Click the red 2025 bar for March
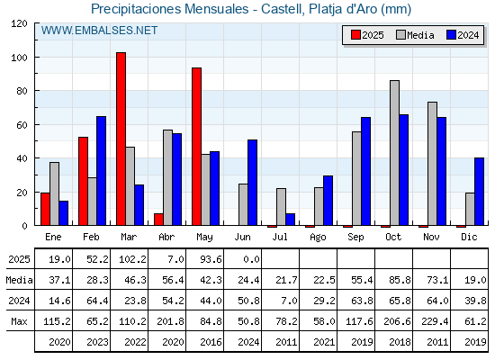[121, 139]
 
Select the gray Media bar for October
[395, 153]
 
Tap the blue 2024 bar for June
[252, 183]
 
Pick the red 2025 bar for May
[197, 147]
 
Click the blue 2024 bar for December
[479, 192]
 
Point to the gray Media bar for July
[281, 207]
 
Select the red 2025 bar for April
[158, 220]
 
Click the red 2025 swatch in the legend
[355, 35]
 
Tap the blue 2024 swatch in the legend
[451, 35]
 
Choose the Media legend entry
[415, 35]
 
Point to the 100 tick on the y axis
[36, 58]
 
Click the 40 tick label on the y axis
[22, 158]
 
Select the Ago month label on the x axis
[318, 238]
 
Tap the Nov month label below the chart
[431, 237]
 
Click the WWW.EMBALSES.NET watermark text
[99, 31]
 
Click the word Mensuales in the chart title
[216, 9]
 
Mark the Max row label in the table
[19, 321]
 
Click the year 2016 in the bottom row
[211, 342]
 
